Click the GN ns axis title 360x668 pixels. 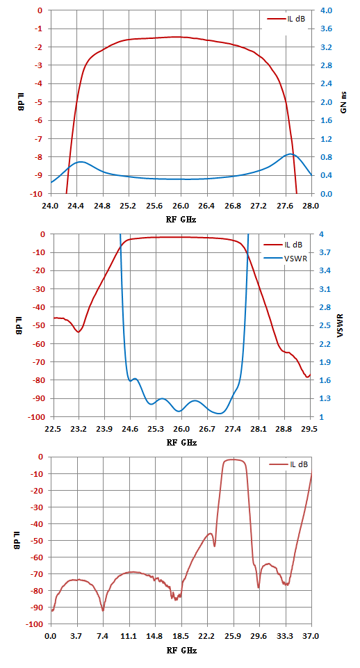click(x=343, y=102)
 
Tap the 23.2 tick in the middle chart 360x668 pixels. click(x=79, y=430)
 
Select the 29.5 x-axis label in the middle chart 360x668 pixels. click(x=310, y=430)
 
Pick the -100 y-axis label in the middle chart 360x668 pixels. click(x=37, y=416)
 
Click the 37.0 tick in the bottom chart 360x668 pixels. click(x=311, y=637)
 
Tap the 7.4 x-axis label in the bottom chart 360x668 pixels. click(x=103, y=637)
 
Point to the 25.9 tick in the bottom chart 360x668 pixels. click(x=233, y=637)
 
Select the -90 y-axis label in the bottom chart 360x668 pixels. click(x=38, y=608)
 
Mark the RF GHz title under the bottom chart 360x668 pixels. click(x=181, y=650)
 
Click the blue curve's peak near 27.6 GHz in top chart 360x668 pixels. click(x=290, y=154)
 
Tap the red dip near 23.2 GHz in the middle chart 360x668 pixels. click(x=79, y=332)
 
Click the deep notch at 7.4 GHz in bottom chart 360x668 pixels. click(x=103, y=610)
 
